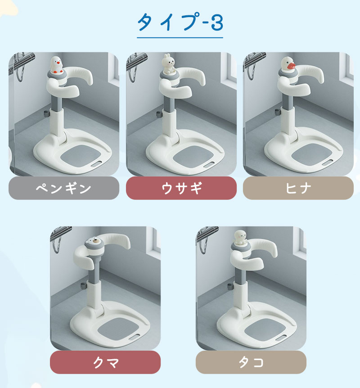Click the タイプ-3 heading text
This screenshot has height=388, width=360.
pos(180,22)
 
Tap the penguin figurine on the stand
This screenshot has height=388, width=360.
pos(57,65)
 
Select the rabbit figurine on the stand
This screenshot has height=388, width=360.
pos(168,64)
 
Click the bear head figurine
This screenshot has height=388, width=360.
pos(94,244)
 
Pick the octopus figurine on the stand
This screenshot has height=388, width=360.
pos(240,238)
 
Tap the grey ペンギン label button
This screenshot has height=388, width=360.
pos(64,188)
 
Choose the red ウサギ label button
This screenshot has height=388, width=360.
pos(181,188)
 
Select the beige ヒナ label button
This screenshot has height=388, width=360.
pos(298,188)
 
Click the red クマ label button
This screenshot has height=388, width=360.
pos(105,362)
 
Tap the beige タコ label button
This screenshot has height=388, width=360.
pos(251,362)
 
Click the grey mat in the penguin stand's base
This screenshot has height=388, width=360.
pos(81,156)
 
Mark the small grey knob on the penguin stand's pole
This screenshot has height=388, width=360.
pos(46,113)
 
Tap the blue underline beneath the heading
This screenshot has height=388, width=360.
pos(180,38)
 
